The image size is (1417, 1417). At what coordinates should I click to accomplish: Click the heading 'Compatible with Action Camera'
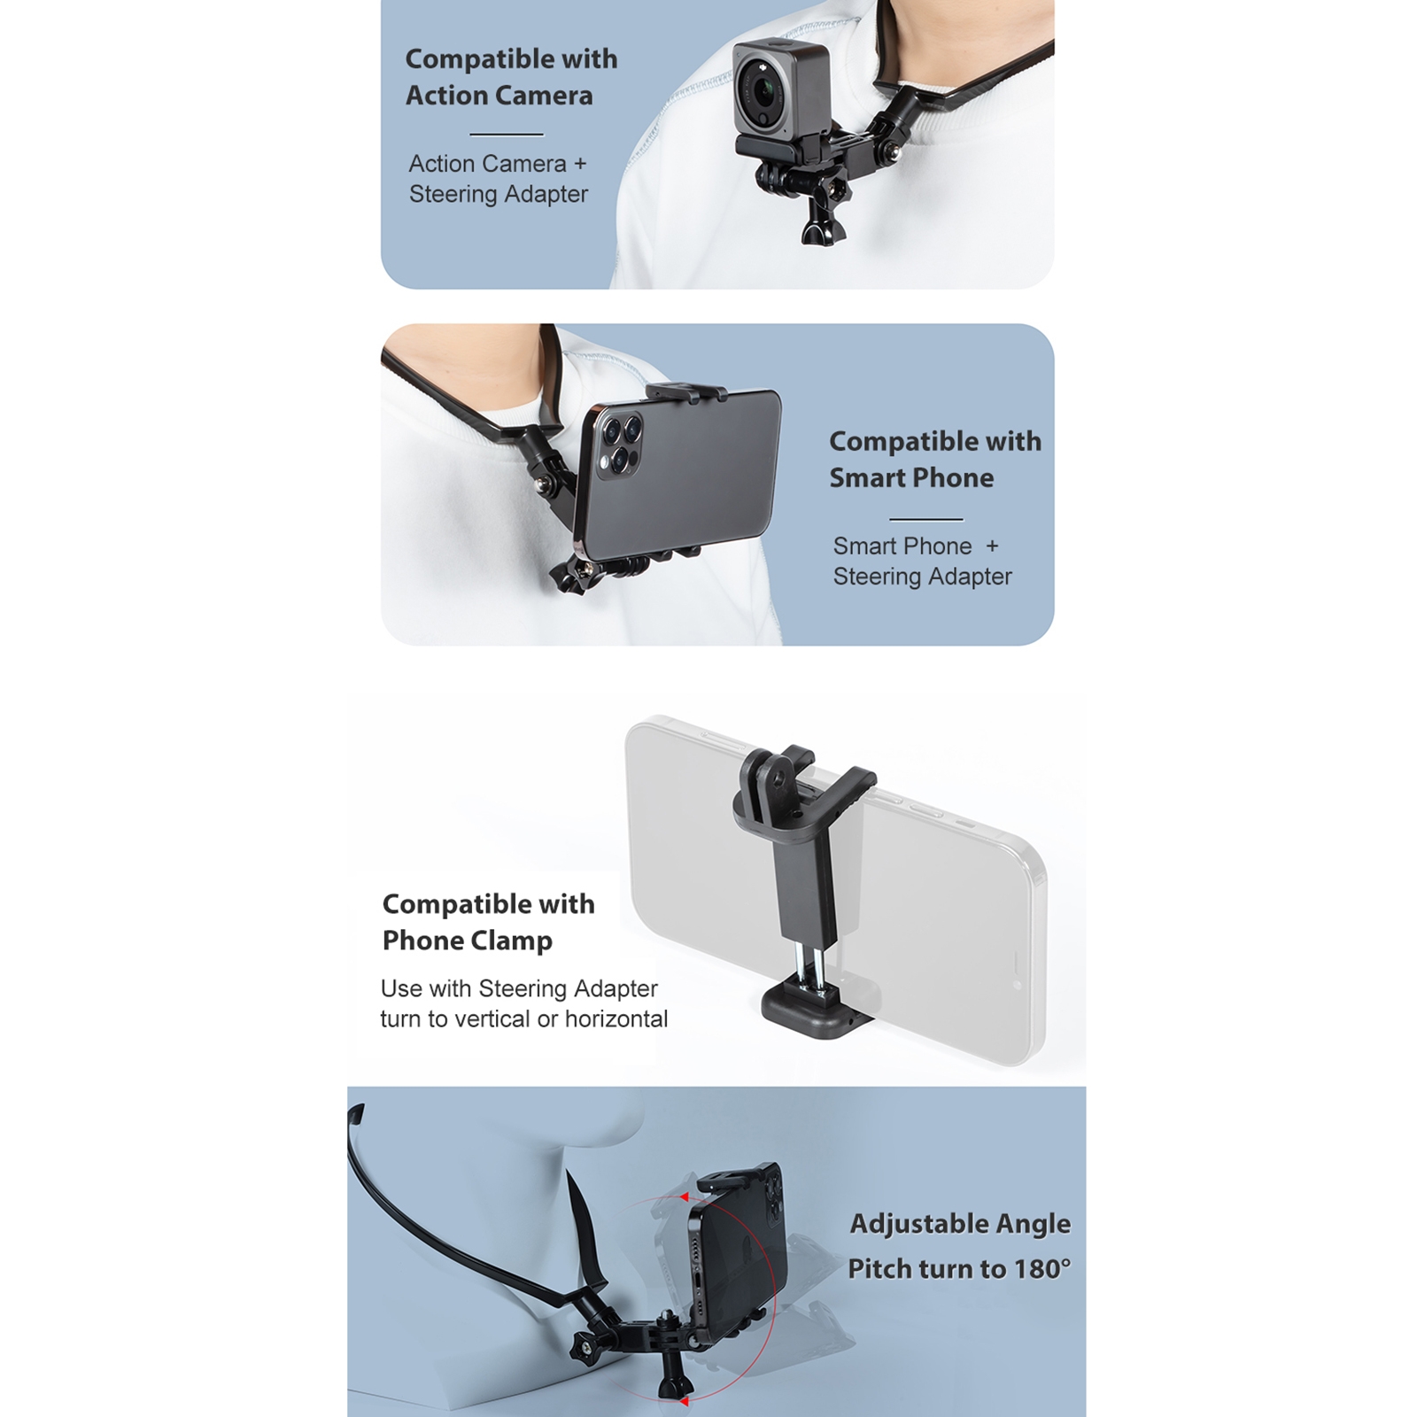click(x=511, y=77)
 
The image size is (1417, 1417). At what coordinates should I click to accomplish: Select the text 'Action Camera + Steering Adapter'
click(x=498, y=179)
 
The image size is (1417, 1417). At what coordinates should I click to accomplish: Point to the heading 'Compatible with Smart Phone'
click(x=935, y=459)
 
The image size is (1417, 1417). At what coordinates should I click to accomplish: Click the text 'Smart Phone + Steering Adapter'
click(x=922, y=561)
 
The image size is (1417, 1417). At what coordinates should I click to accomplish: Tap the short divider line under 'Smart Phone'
click(x=925, y=519)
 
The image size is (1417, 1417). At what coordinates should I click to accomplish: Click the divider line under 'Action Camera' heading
click(x=507, y=135)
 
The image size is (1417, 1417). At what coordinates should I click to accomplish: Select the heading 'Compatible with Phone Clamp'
click(x=488, y=922)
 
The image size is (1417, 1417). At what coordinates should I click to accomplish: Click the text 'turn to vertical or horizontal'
click(x=524, y=1019)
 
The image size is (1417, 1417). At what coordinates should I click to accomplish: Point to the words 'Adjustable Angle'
click(x=960, y=1224)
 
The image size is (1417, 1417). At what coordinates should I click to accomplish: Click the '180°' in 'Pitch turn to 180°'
click(x=1042, y=1269)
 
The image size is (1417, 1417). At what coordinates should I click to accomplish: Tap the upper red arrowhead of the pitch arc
click(x=683, y=1196)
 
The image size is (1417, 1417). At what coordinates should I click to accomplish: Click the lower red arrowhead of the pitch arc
click(x=685, y=1401)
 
